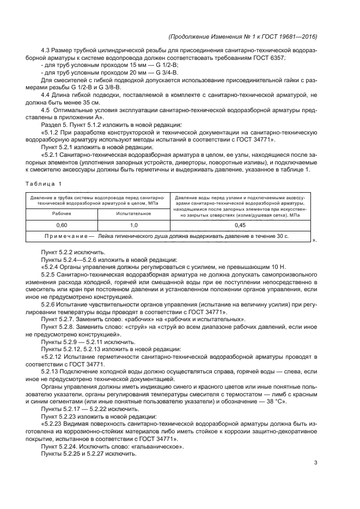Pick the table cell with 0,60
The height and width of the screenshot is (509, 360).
(62, 224)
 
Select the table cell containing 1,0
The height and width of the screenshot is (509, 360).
(133, 224)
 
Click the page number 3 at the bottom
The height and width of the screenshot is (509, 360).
(315, 463)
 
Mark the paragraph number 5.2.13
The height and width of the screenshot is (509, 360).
(52, 371)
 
